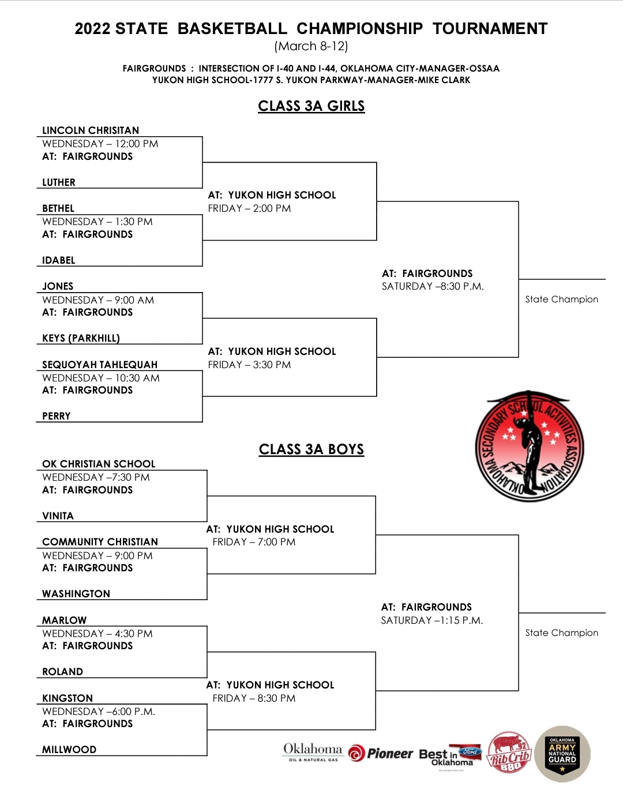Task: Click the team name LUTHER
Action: tap(58, 182)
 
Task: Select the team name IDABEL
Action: tap(58, 260)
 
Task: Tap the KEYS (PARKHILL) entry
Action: tap(81, 338)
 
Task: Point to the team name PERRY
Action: tap(57, 416)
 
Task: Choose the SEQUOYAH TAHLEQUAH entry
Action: tap(100, 365)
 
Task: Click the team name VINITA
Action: tap(58, 516)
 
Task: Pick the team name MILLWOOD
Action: tap(69, 750)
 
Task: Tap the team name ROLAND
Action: tap(62, 672)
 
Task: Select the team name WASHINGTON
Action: tap(76, 594)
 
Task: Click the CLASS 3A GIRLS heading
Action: tap(311, 106)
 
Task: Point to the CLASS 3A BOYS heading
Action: tap(311, 450)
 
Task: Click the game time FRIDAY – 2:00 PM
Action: tap(250, 208)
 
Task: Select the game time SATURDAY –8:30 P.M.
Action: tap(433, 286)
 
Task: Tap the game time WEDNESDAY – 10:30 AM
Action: tap(101, 378)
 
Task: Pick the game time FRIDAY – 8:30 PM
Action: tap(254, 698)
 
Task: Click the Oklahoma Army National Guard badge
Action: tap(562, 754)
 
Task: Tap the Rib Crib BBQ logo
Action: tap(509, 752)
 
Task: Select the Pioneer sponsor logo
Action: tap(381, 753)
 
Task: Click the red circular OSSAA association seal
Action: tap(530, 447)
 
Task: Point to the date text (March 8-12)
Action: tap(311, 46)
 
